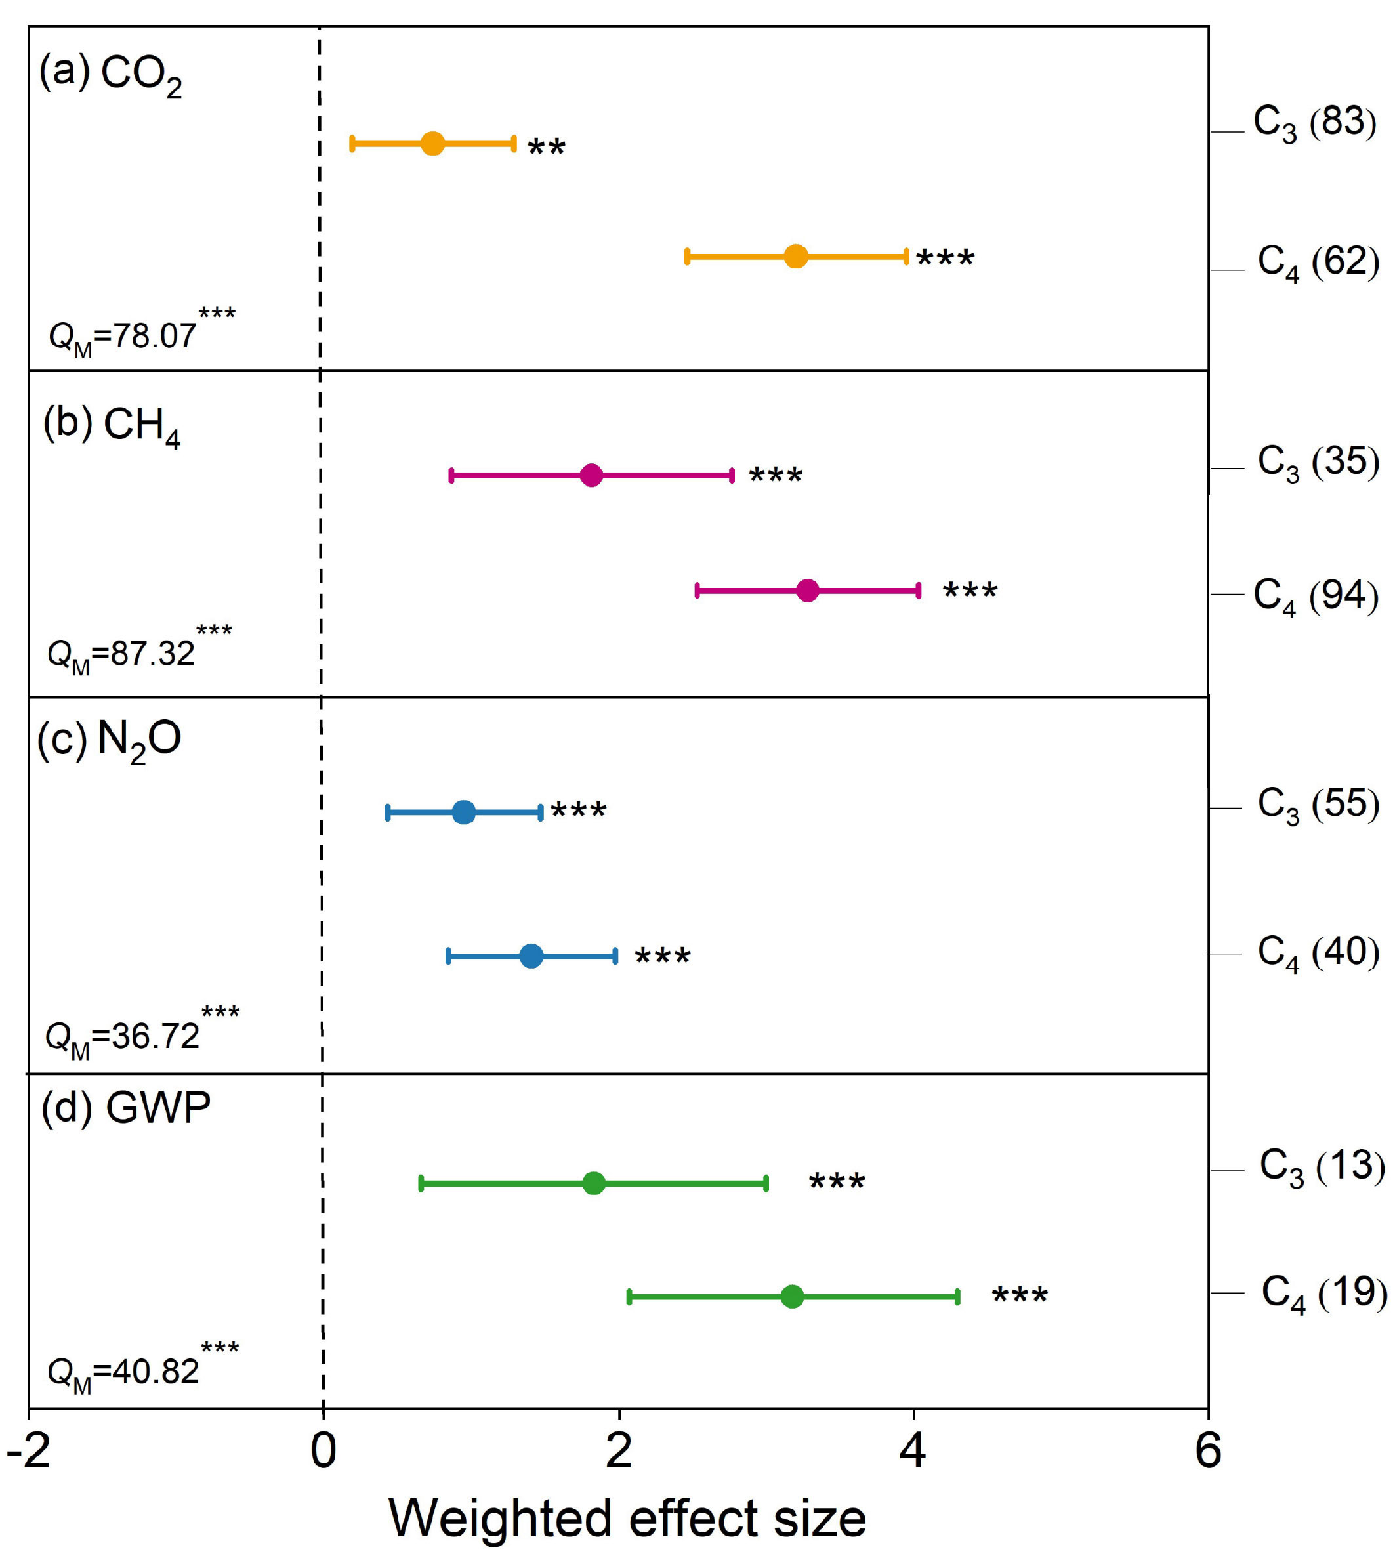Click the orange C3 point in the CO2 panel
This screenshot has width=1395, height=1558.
coord(433,143)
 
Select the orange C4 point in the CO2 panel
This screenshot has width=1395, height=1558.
coord(796,256)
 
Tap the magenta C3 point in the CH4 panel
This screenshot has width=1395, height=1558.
coord(591,475)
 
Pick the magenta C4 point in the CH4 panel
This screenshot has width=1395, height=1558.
coord(807,591)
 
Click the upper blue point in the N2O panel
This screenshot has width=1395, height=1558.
coord(464,812)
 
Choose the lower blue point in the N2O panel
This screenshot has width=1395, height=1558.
coord(531,956)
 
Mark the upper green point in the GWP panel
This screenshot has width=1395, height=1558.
coord(593,1183)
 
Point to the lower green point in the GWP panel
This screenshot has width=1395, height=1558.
coord(792,1297)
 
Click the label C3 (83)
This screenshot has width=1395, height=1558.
coord(1314,123)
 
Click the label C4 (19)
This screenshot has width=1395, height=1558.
coord(1323,1294)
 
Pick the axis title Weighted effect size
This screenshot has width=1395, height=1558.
coord(627,1519)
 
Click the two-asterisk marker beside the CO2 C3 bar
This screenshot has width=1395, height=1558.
coord(547,146)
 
